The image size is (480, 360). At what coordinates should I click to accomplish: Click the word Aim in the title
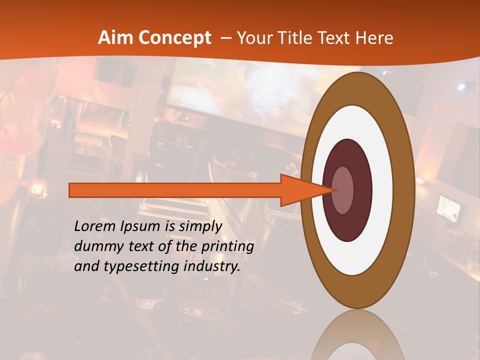[115, 38]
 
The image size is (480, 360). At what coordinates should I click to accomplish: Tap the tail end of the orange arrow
[72, 190]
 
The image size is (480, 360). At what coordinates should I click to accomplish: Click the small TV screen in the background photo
[448, 207]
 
